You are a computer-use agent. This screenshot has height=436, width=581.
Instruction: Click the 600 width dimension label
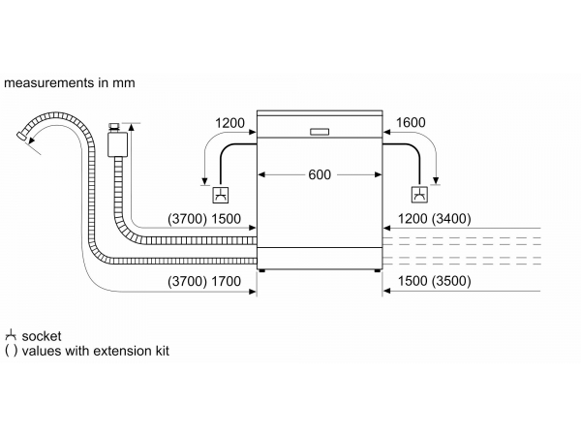pyautogui.click(x=320, y=174)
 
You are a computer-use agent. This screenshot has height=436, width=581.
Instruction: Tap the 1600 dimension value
pyautogui.click(x=411, y=122)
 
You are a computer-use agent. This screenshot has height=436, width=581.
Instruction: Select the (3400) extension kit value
pyautogui.click(x=451, y=219)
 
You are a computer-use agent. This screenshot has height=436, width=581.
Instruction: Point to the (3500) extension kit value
pyautogui.click(x=451, y=281)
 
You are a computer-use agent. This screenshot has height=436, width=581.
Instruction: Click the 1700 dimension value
pyautogui.click(x=226, y=281)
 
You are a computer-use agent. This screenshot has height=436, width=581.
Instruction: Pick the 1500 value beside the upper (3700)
pyautogui.click(x=226, y=219)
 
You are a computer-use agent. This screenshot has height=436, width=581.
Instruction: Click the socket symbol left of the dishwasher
pyautogui.click(x=221, y=195)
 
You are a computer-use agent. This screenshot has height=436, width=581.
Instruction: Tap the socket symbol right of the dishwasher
pyautogui.click(x=419, y=195)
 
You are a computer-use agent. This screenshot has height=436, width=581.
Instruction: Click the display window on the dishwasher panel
pyautogui.click(x=320, y=132)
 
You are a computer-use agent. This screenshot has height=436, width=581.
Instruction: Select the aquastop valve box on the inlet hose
pyautogui.click(x=117, y=144)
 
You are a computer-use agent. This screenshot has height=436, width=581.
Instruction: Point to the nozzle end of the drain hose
pyautogui.click(x=22, y=136)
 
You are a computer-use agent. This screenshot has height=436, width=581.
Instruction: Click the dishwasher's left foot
pyautogui.click(x=262, y=270)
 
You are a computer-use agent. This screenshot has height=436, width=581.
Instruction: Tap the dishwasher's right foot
pyautogui.click(x=378, y=270)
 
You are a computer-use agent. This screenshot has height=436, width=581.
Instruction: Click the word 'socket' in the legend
pyautogui.click(x=42, y=336)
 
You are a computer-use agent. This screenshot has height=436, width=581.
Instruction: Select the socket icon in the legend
pyautogui.click(x=11, y=335)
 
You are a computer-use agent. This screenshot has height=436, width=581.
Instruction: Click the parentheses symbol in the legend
pyautogui.click(x=11, y=351)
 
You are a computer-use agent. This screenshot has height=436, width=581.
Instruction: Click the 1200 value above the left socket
pyautogui.click(x=229, y=123)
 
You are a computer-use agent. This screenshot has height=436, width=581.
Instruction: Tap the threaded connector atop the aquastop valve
pyautogui.click(x=114, y=128)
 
